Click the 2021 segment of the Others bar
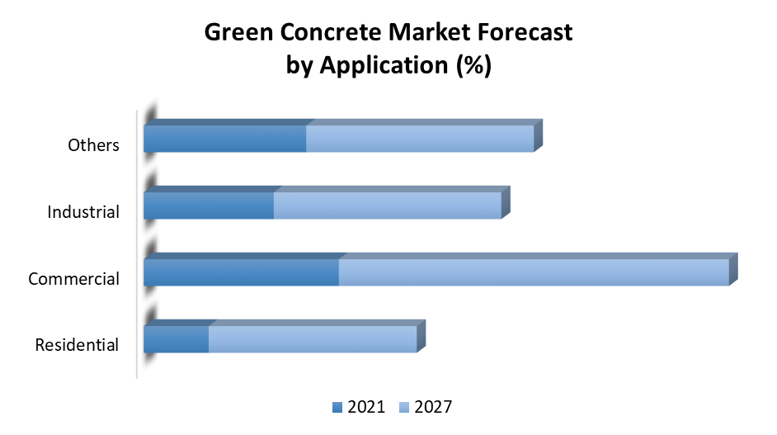click(x=225, y=139)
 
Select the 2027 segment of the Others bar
click(x=420, y=139)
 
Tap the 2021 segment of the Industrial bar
click(x=209, y=206)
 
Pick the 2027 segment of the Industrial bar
click(x=387, y=206)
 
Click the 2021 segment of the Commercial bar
click(x=241, y=272)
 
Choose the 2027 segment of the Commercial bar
click(x=534, y=272)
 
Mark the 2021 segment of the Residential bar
click(x=176, y=339)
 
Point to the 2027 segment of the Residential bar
click(x=312, y=339)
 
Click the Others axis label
click(x=93, y=145)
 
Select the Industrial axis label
click(x=83, y=212)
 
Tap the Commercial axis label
click(x=73, y=279)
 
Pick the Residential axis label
click(x=77, y=345)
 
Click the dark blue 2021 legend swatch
click(x=337, y=407)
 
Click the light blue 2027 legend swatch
click(x=404, y=407)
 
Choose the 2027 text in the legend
click(x=433, y=407)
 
